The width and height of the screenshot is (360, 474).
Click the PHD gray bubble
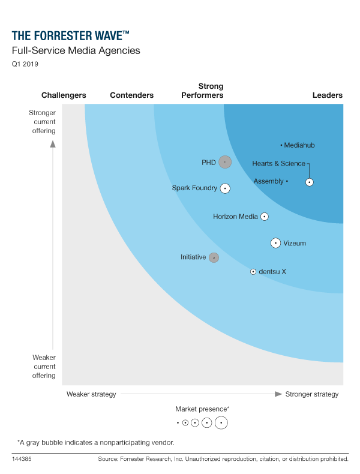(x=224, y=161)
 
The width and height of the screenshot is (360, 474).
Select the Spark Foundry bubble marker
(x=225, y=188)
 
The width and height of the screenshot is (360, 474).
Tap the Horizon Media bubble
(x=264, y=217)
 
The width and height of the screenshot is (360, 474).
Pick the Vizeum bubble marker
(x=275, y=243)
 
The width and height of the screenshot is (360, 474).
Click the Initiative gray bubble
(x=214, y=257)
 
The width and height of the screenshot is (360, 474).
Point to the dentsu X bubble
(x=253, y=272)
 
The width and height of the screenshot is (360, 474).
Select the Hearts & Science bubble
(x=309, y=182)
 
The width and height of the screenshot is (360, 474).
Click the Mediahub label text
(x=299, y=145)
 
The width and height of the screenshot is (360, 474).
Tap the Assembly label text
(x=268, y=181)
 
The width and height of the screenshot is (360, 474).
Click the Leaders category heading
(x=328, y=95)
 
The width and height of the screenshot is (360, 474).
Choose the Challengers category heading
(x=64, y=95)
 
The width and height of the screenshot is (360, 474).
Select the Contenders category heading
(x=132, y=95)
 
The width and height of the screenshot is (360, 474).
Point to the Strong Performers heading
(x=202, y=91)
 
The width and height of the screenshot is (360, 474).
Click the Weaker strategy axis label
(x=91, y=394)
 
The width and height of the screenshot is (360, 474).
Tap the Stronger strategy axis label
(x=312, y=394)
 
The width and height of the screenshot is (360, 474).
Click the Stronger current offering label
(x=42, y=122)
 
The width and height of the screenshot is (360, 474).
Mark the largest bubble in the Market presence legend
(x=221, y=422)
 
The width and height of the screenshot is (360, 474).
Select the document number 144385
(x=22, y=459)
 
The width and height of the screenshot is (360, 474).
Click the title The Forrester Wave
(x=70, y=35)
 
